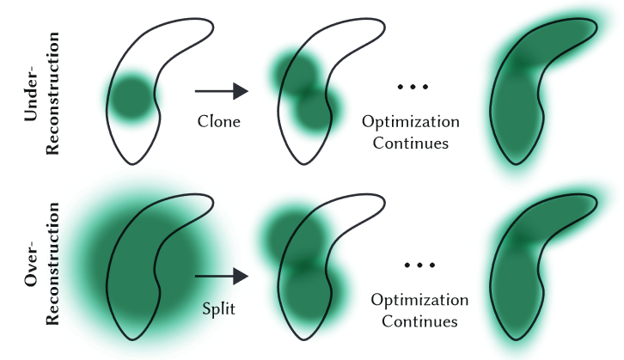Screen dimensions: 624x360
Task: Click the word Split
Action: pyautogui.click(x=219, y=307)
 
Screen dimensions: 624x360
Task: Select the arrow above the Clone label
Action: pyautogui.click(x=221, y=90)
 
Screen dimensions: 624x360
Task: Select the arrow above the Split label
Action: pyautogui.click(x=221, y=276)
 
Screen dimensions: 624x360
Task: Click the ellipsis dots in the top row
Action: pyautogui.click(x=409, y=86)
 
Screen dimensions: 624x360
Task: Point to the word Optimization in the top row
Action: pyautogui.click(x=410, y=121)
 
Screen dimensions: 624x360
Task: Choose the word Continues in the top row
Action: pyautogui.click(x=410, y=143)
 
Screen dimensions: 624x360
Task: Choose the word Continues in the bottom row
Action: pyautogui.click(x=419, y=322)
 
